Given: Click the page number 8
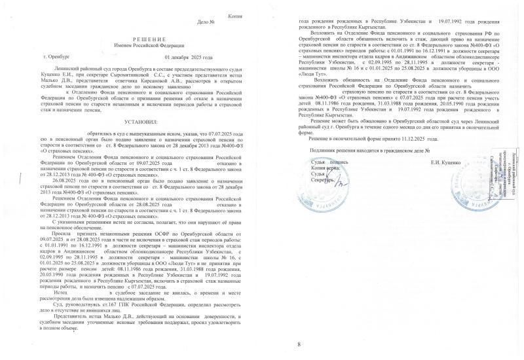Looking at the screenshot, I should tap(299, 345).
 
